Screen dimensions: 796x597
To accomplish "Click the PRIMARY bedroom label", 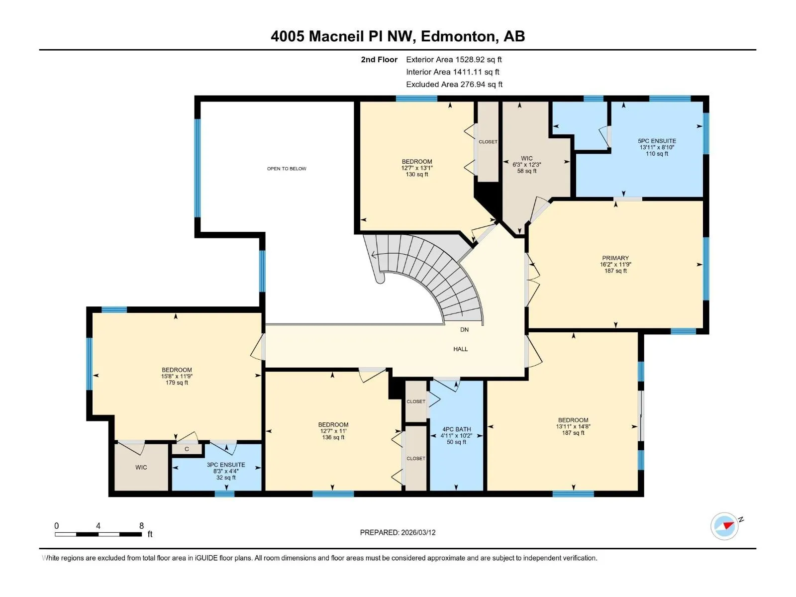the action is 615,258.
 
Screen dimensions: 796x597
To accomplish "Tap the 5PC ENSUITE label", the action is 657,141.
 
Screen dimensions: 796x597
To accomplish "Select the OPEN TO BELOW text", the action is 287,169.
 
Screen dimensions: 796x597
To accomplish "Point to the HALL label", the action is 460,349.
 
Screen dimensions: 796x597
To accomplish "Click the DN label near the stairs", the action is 464,329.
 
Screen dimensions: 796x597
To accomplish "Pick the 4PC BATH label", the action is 456,429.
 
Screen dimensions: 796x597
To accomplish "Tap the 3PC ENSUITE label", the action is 225,465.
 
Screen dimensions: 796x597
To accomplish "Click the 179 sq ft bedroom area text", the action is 177,383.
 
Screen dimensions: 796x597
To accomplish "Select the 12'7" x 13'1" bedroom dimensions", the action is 417,168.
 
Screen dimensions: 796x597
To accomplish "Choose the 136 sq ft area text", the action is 333,437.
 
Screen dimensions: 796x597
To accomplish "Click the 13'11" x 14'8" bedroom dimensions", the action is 573,426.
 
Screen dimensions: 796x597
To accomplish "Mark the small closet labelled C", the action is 187,449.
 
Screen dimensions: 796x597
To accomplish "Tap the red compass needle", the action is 728,525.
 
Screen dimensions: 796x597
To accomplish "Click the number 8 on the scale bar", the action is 141,525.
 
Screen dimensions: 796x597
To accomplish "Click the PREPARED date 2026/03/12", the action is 418,532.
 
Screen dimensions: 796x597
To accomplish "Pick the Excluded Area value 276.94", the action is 473,85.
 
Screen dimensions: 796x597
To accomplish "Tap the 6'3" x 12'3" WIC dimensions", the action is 526,165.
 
